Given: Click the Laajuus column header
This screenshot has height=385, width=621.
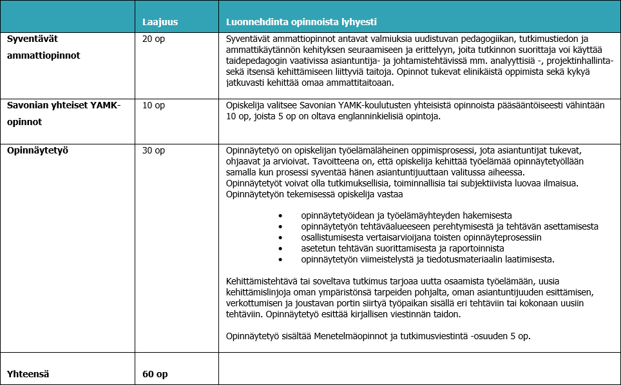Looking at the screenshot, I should (x=160, y=22).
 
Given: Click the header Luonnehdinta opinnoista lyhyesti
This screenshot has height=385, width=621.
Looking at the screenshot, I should (x=301, y=22).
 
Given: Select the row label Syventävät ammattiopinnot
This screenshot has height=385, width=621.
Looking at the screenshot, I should (x=43, y=47).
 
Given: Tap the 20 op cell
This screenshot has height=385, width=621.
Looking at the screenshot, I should (x=153, y=39).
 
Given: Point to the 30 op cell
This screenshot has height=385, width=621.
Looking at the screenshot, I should (x=153, y=150).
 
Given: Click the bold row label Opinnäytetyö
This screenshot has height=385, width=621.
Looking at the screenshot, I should (x=38, y=150).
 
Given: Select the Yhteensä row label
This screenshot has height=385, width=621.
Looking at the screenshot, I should (x=28, y=373).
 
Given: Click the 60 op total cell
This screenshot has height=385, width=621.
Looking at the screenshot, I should (x=155, y=373).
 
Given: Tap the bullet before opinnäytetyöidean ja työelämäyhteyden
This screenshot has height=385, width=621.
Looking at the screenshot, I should (x=280, y=215).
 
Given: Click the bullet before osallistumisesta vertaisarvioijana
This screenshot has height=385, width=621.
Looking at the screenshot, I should (x=280, y=237).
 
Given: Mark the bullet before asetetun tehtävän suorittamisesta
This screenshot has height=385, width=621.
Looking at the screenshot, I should (x=280, y=248).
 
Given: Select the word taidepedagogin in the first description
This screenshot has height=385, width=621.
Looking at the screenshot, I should (x=254, y=61).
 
